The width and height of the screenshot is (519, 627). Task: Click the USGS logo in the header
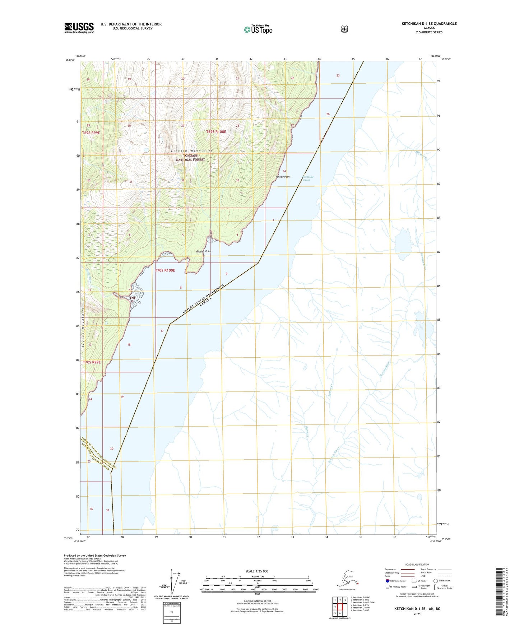[x=79, y=28]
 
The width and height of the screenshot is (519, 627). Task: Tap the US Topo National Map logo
[x=258, y=29]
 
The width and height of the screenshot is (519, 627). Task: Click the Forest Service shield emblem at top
[x=344, y=29]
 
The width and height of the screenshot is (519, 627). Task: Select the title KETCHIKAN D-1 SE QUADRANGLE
[x=429, y=24]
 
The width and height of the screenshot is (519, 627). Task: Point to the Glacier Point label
[x=204, y=251]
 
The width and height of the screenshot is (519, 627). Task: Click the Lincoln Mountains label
[x=192, y=150]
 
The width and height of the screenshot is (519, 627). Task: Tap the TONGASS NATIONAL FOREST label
[x=190, y=158]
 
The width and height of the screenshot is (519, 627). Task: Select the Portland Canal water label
[x=307, y=178]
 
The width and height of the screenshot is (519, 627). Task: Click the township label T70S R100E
[x=165, y=270]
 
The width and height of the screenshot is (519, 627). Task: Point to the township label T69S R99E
[x=91, y=133]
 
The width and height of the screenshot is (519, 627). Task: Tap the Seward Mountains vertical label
[x=83, y=330]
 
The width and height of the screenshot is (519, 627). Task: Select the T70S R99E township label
[x=92, y=362]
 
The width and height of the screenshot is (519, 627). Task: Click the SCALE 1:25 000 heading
[x=256, y=571]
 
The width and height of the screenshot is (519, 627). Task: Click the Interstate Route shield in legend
[x=388, y=581]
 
